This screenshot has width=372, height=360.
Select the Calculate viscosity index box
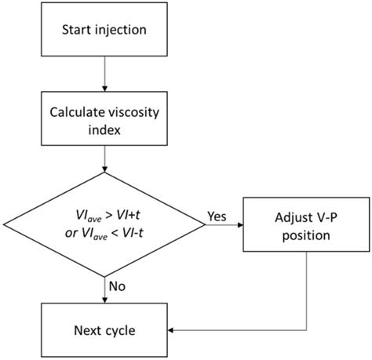tap(105, 120)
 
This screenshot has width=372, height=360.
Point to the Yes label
tap(216, 215)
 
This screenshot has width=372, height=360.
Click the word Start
tap(77, 31)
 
